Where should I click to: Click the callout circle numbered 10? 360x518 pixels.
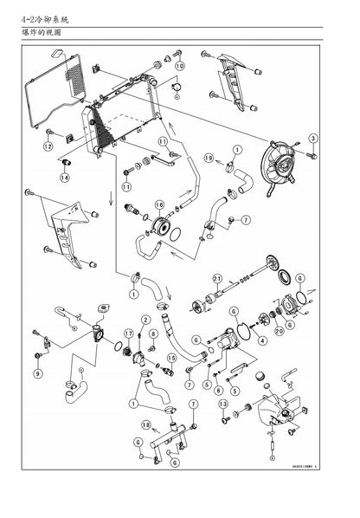click(179, 65)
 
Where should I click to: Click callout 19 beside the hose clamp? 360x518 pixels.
click(209, 159)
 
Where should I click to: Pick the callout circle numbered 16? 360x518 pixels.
click(159, 205)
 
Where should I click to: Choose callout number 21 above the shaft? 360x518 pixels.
click(218, 279)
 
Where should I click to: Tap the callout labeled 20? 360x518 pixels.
click(280, 331)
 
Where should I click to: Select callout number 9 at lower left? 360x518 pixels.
click(36, 373)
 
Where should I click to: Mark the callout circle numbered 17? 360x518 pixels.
click(128, 333)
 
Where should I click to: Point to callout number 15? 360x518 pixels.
click(171, 358)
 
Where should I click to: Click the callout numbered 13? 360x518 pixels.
click(222, 404)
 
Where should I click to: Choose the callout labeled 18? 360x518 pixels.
click(145, 424)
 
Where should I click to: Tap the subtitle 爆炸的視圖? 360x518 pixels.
click(40, 32)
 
